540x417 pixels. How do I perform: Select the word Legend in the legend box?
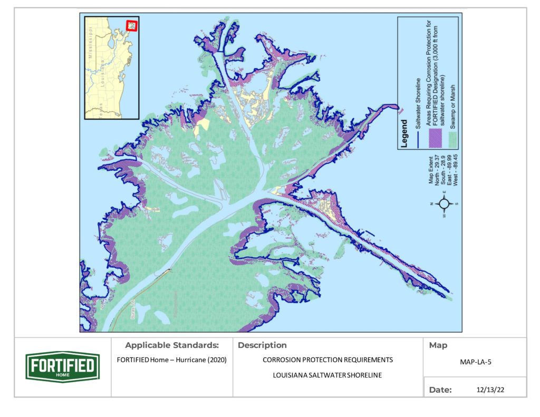tap(404, 134)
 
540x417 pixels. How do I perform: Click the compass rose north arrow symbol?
tap(445, 203)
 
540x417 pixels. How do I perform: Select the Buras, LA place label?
tap(133, 310)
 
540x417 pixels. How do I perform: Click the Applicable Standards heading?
tap(172, 346)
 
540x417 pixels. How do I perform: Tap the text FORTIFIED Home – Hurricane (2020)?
tap(172, 361)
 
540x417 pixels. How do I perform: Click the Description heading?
tap(263, 346)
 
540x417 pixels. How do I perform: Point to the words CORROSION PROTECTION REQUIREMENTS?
tap(327, 361)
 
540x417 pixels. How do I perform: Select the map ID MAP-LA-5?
tap(475, 363)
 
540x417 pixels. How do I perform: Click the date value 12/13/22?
tap(485, 390)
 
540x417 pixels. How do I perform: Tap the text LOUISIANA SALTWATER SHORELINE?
tap(327, 376)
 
